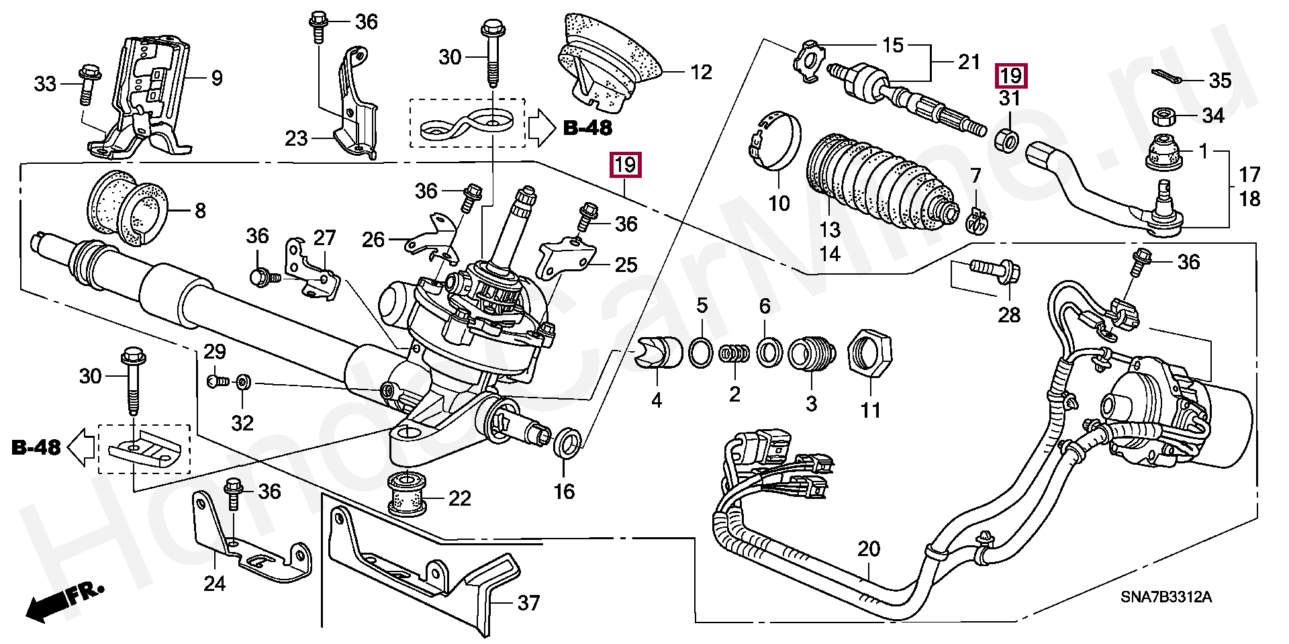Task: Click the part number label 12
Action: [701, 73]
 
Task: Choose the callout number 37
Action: [528, 603]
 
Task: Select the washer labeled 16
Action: [566, 444]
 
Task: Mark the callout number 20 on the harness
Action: [868, 550]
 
